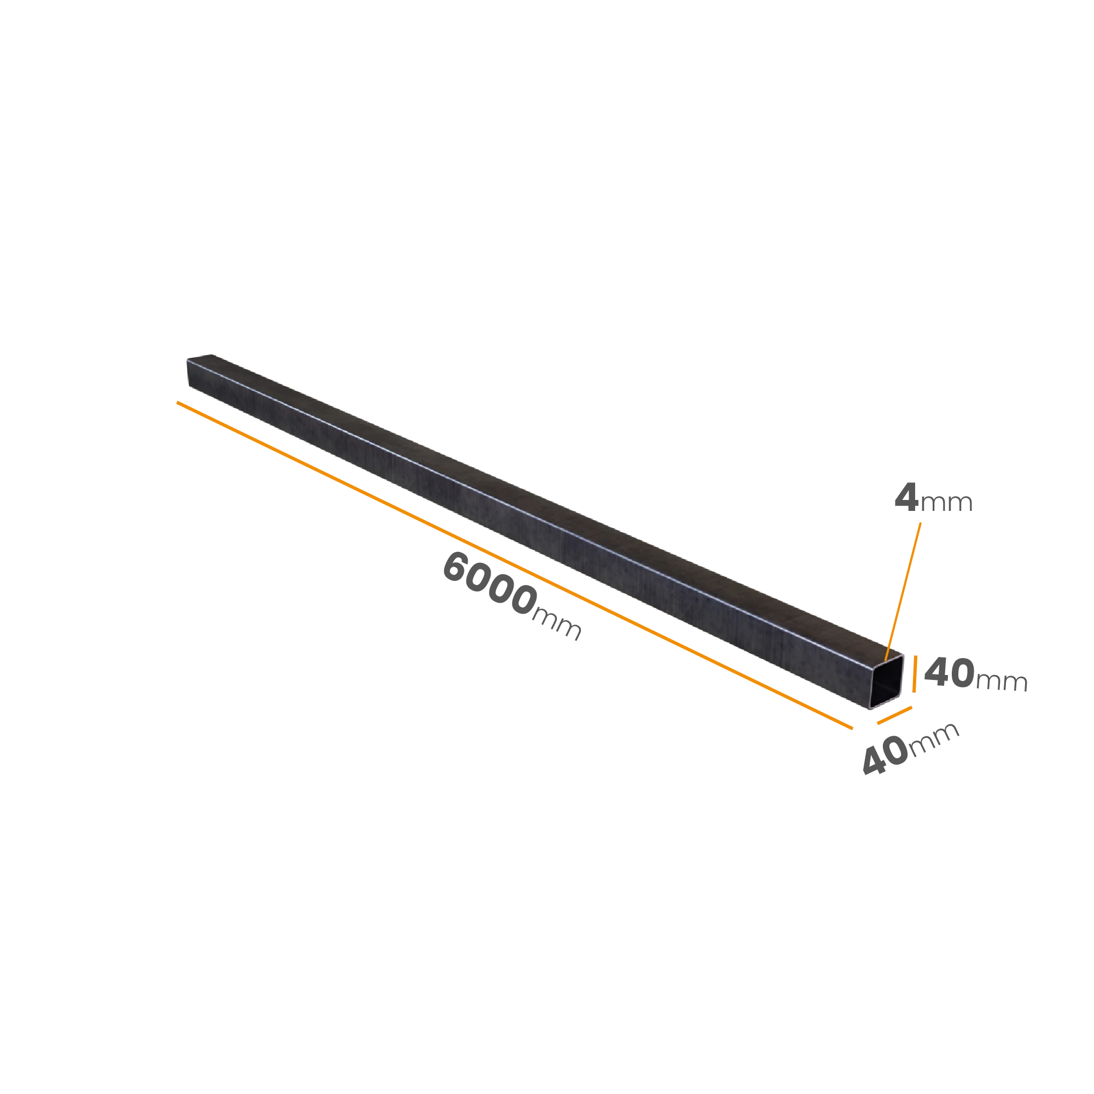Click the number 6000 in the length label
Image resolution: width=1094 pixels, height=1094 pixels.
[489, 584]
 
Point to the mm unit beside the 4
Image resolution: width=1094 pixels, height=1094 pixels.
[947, 503]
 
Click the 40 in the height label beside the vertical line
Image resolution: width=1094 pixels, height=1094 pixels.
[950, 672]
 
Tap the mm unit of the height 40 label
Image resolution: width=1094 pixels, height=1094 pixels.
[1002, 682]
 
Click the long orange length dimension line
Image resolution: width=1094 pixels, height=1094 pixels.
[515, 565]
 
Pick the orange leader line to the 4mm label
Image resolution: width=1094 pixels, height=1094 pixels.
[903, 591]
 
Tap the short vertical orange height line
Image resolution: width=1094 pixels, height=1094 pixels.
[915, 674]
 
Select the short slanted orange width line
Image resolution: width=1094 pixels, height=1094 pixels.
[895, 715]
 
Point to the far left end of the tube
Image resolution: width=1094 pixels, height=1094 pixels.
[188, 372]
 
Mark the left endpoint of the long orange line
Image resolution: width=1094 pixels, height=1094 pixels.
[177, 402]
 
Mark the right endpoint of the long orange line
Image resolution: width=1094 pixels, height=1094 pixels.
[853, 729]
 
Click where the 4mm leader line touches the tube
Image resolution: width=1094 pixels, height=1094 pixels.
[886, 660]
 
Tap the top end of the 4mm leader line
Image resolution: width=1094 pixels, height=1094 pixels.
[921, 522]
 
